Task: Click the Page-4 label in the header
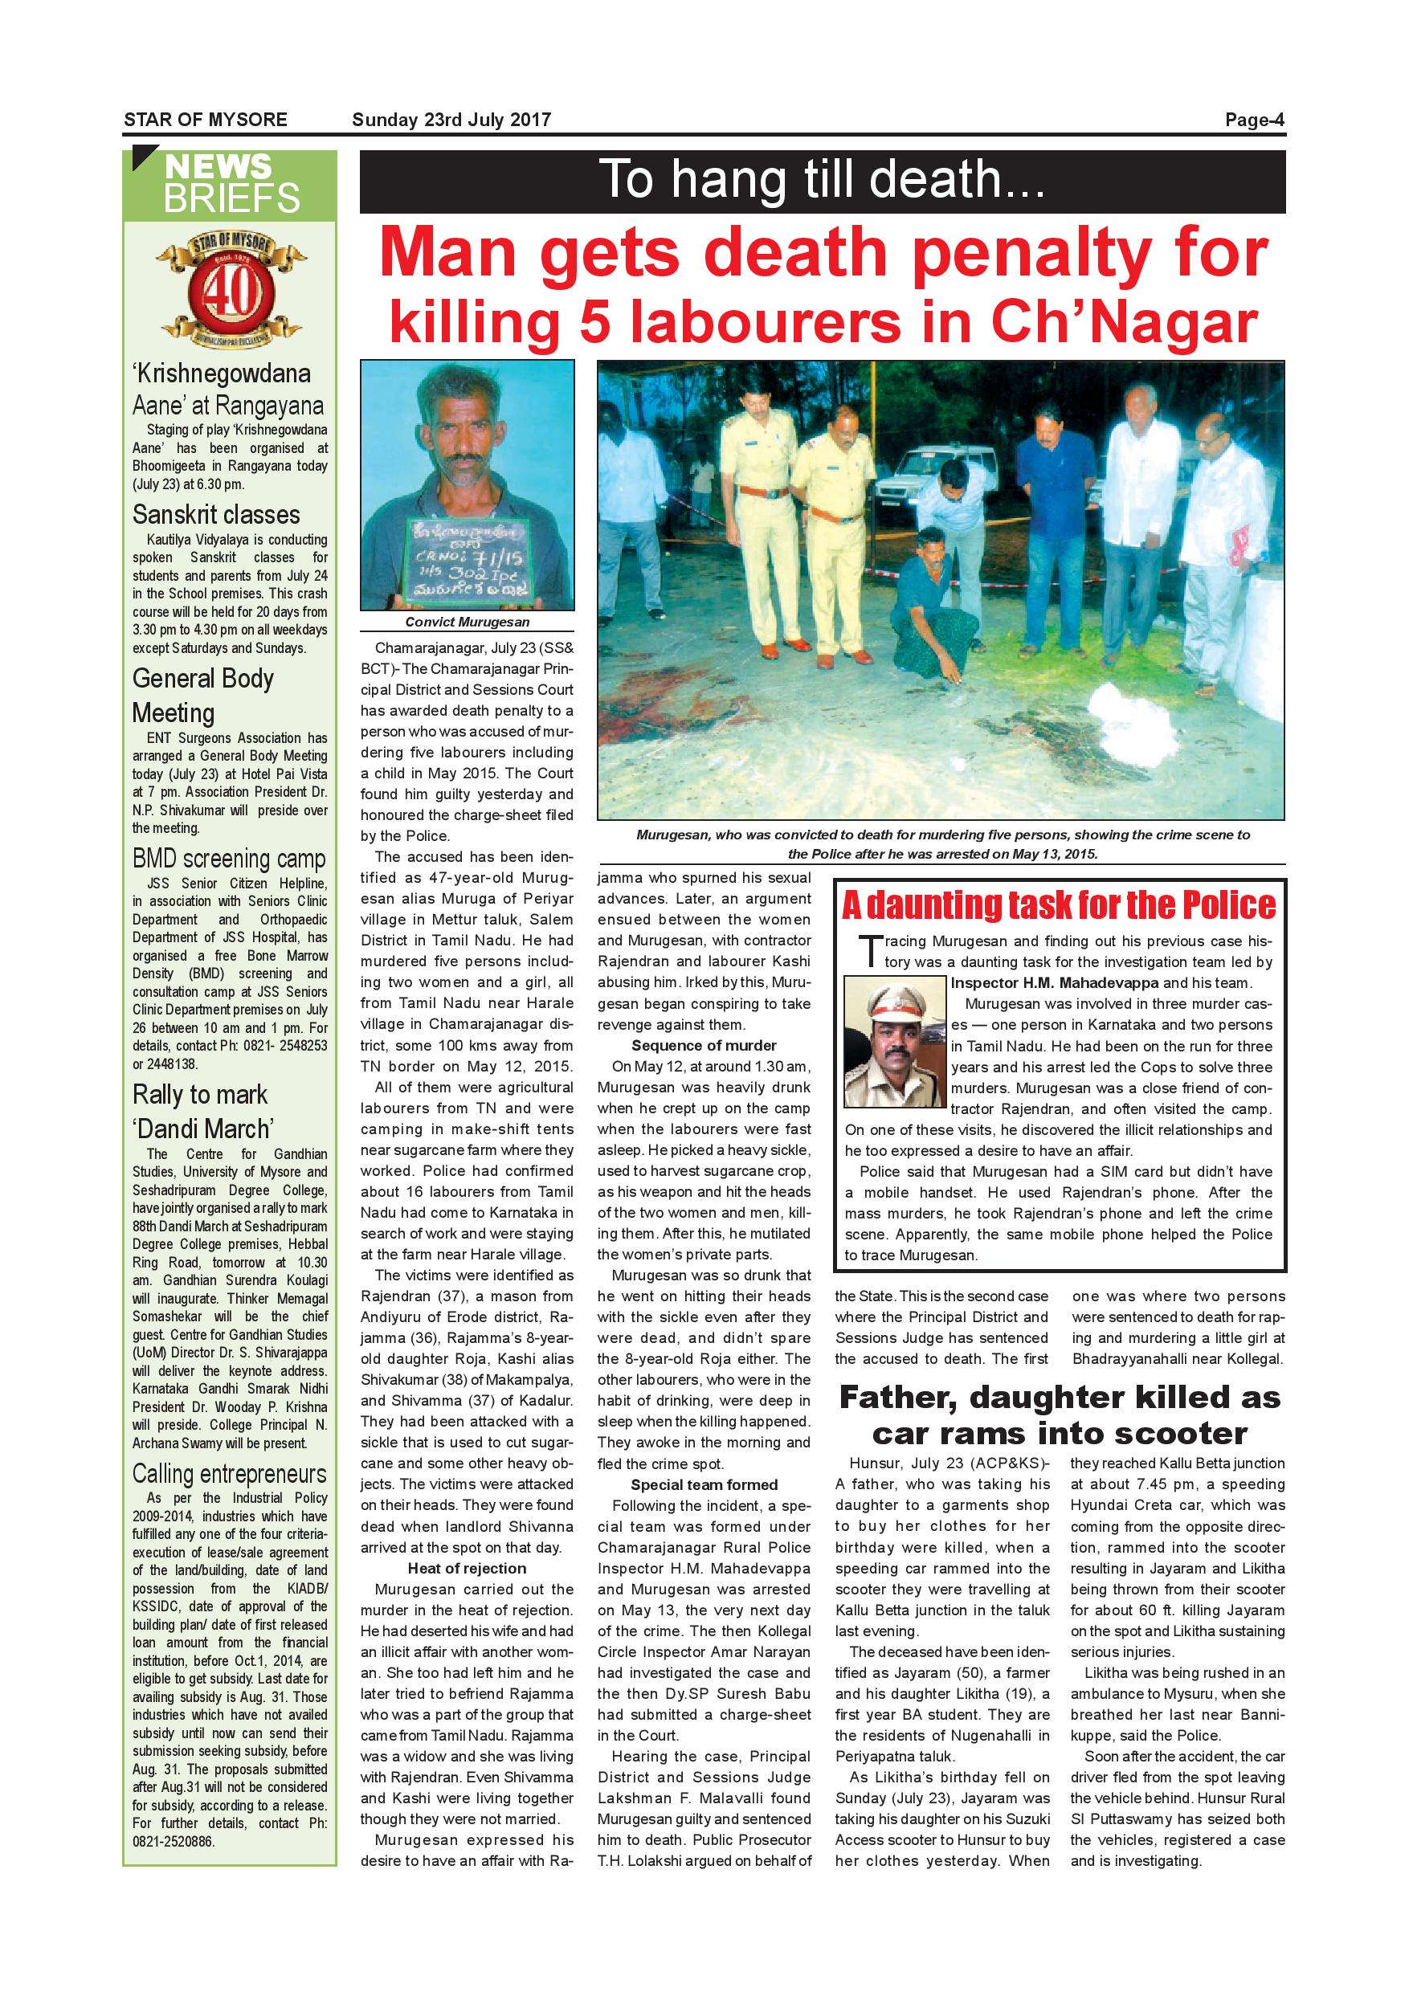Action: (x=1254, y=120)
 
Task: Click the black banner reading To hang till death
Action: (x=822, y=182)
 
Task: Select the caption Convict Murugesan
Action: (x=467, y=622)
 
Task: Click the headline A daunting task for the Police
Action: (x=1059, y=905)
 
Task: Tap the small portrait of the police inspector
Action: (x=895, y=1042)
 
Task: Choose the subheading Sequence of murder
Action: (x=704, y=1046)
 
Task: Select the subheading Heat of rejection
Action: (x=467, y=1569)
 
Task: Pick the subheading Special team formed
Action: (x=704, y=1484)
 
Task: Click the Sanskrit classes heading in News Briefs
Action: (x=216, y=515)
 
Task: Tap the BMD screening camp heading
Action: (x=229, y=859)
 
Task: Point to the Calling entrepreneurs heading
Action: (x=229, y=1474)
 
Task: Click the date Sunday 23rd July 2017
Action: (x=451, y=120)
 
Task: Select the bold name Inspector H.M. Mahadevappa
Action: (x=1054, y=983)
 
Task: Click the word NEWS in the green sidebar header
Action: (x=218, y=166)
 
